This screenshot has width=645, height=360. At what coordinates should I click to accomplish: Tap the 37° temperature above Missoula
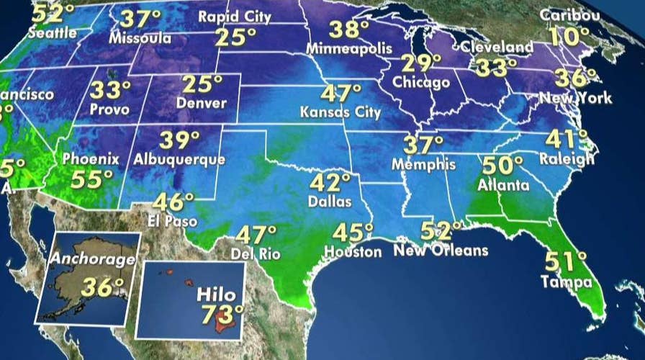tap(141, 18)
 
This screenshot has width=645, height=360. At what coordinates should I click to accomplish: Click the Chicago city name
tap(421, 83)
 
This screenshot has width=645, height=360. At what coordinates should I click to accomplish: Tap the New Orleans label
tap(441, 251)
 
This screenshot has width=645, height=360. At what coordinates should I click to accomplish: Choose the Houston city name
tap(353, 252)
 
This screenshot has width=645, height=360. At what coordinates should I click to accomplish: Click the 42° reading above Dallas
tap(330, 181)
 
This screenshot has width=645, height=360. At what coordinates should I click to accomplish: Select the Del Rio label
tap(254, 253)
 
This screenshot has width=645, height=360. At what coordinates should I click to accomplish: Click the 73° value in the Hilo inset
tap(220, 315)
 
